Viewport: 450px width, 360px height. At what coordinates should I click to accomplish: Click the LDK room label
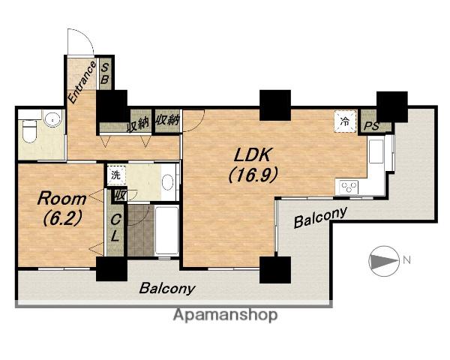(x=252, y=155)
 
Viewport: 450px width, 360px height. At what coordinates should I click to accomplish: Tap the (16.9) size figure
(x=253, y=175)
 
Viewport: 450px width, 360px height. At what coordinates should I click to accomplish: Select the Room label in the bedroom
(x=61, y=199)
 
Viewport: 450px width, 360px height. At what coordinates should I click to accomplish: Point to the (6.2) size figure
(x=61, y=218)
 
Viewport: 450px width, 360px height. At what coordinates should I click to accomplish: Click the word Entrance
(x=82, y=82)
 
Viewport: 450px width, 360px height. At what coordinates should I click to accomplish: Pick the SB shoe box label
(x=105, y=73)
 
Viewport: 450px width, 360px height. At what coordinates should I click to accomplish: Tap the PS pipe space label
(x=372, y=126)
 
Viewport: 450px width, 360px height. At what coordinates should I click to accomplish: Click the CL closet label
(x=115, y=228)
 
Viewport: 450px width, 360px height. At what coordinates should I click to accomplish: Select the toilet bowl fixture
(x=29, y=131)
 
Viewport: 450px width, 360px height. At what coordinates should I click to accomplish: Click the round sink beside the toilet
(x=52, y=118)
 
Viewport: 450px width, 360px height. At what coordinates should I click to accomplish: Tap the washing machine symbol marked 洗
(x=116, y=175)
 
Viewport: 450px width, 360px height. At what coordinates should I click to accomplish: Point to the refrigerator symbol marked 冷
(x=345, y=121)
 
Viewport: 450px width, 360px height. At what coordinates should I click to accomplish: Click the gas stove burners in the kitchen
(x=349, y=187)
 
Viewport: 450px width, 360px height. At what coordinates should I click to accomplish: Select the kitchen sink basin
(x=376, y=151)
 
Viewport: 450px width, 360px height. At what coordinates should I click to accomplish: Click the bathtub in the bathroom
(x=166, y=230)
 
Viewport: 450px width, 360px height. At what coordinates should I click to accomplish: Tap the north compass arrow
(x=384, y=261)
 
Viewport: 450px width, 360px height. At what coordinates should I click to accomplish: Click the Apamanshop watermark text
(x=225, y=316)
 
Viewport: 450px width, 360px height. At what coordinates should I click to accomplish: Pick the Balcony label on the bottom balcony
(x=167, y=288)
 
